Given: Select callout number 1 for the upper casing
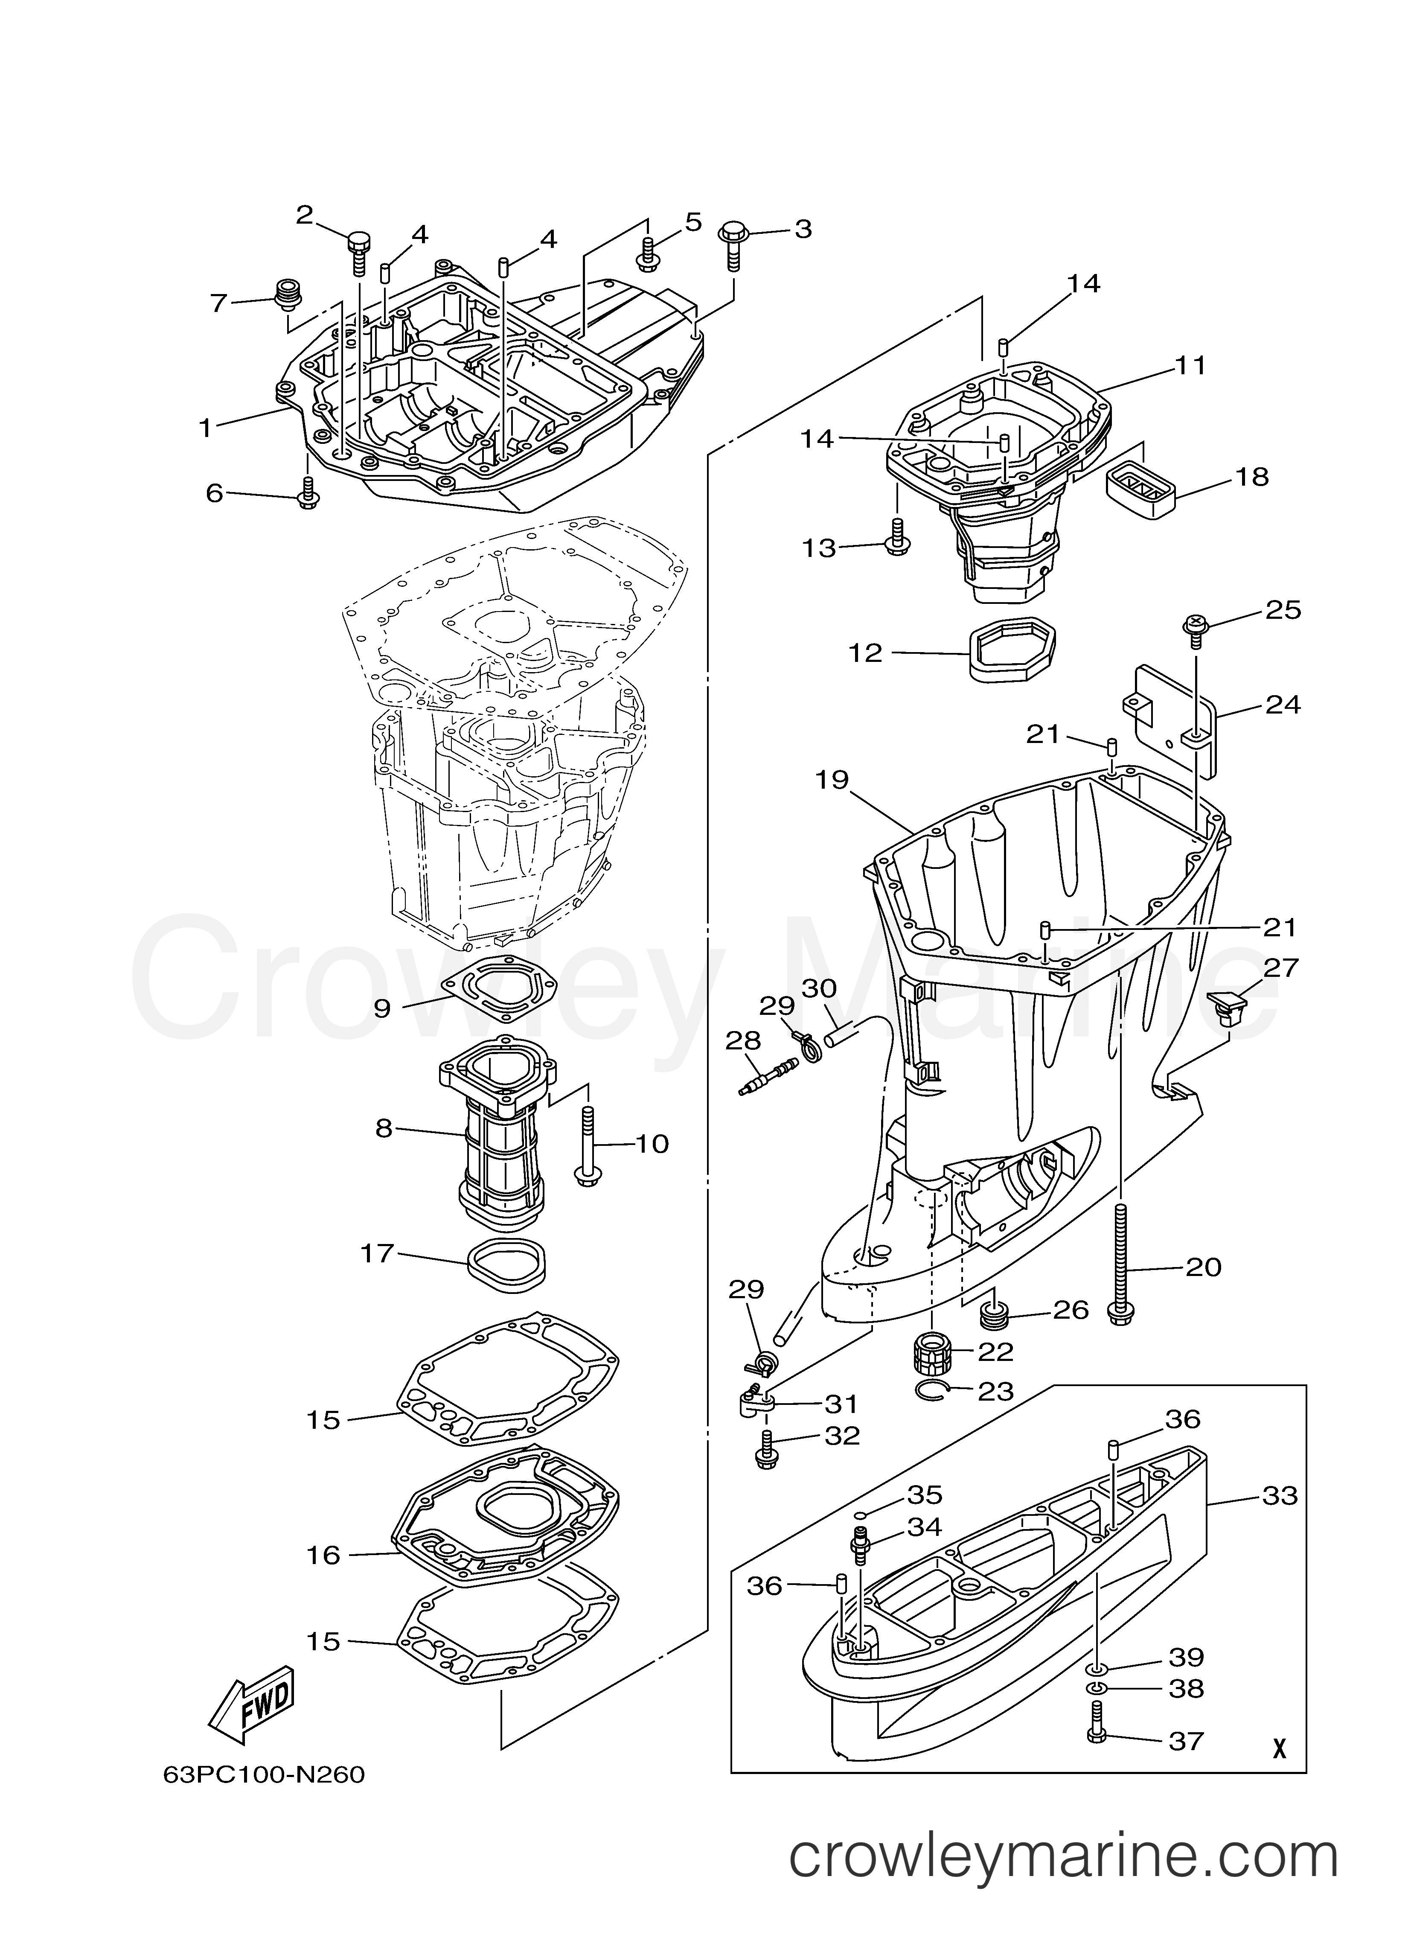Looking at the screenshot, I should click(x=205, y=427).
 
